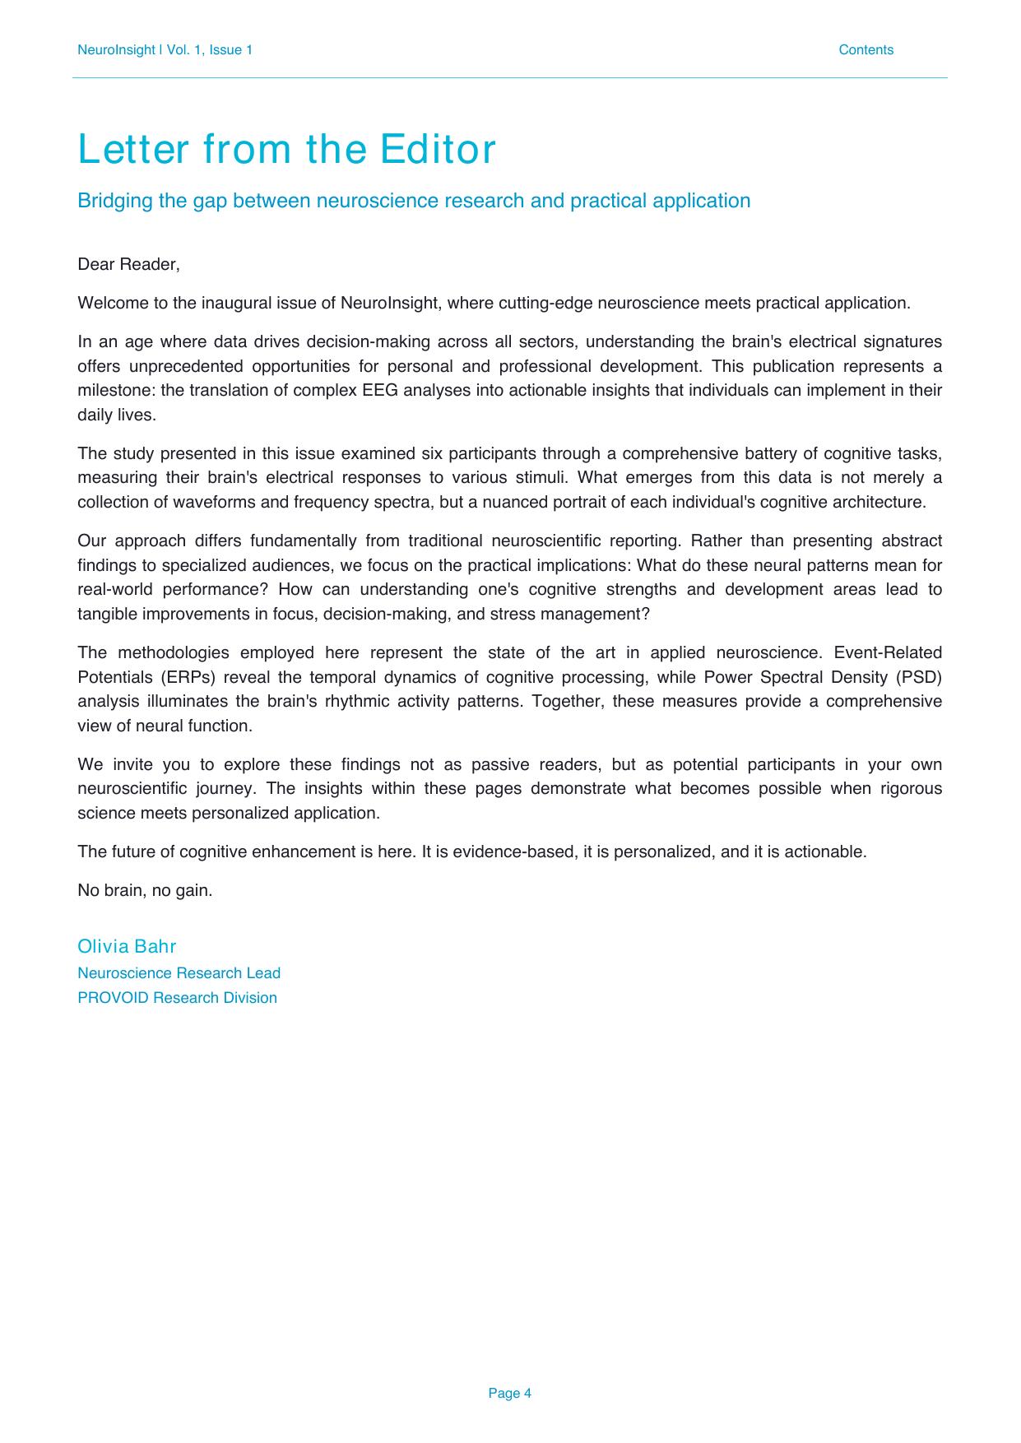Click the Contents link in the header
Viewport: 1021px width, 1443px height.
coord(866,50)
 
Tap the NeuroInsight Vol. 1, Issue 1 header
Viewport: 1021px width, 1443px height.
coord(165,50)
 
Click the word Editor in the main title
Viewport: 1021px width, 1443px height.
coord(438,150)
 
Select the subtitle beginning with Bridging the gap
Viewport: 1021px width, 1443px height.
coord(413,201)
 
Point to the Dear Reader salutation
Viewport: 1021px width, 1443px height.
coord(128,264)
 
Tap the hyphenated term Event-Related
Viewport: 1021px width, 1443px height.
coord(888,652)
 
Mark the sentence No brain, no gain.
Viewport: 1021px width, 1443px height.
coord(145,890)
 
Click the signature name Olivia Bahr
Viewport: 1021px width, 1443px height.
coord(127,946)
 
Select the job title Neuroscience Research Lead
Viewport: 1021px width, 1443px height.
coord(179,973)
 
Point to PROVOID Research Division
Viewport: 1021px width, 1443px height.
coord(177,998)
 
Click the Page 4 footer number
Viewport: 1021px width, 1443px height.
coord(509,1393)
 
